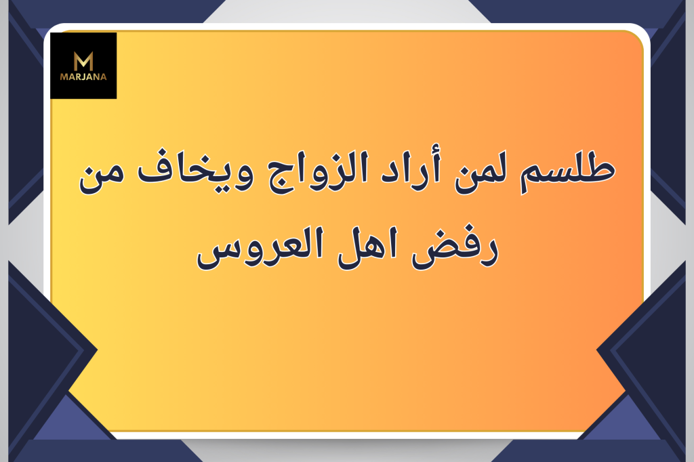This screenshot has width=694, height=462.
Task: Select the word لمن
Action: pos(481,173)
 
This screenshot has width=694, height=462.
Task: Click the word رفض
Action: pos(455,249)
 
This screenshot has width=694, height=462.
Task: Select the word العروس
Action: pos(260,248)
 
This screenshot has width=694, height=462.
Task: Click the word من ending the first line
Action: pos(102,177)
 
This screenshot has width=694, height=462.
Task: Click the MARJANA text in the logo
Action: pos(83,77)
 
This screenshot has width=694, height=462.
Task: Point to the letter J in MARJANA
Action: pos(83,77)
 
